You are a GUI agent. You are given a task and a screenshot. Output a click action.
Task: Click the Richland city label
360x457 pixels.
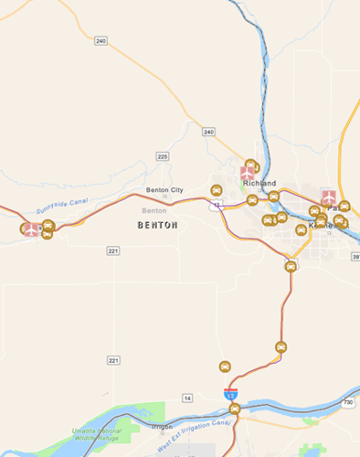click(259, 184)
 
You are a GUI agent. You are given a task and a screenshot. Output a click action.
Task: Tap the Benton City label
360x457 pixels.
click(164, 190)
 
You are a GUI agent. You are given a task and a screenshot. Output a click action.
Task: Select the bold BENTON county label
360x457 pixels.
click(156, 224)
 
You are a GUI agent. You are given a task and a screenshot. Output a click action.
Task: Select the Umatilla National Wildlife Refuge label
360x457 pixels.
click(94, 435)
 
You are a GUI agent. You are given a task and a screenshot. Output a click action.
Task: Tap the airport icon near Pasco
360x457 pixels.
click(328, 197)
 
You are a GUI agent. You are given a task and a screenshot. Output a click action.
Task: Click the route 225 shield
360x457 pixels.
click(163, 156)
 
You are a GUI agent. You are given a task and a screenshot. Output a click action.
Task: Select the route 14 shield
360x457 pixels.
click(187, 398)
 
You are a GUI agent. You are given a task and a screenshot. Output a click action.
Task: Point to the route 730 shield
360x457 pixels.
click(347, 403)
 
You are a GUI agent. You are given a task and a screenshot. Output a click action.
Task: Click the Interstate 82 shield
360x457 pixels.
click(231, 393)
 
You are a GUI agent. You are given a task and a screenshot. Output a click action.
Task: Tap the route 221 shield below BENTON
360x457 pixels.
click(112, 250)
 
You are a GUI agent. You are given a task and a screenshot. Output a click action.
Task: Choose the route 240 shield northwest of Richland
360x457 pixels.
click(209, 133)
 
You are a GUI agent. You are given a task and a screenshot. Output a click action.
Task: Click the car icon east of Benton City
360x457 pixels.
click(217, 190)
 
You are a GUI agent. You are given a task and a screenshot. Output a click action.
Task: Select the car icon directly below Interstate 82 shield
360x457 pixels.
click(235, 409)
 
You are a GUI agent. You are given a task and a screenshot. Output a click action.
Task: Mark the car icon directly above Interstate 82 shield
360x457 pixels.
click(225, 367)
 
